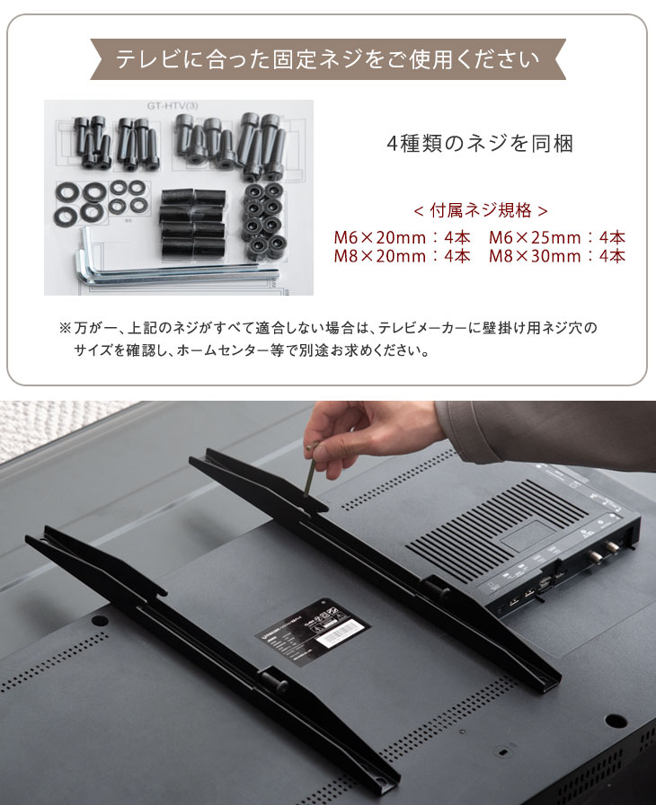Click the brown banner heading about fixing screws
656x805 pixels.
tap(327, 60)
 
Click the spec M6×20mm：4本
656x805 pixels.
tap(402, 238)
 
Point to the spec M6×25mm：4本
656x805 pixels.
tap(557, 238)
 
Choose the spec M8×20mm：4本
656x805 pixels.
tap(402, 256)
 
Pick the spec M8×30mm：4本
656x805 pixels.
tap(557, 256)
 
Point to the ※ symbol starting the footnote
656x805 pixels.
tap(65, 329)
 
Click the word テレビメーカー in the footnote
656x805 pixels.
tap(426, 329)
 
